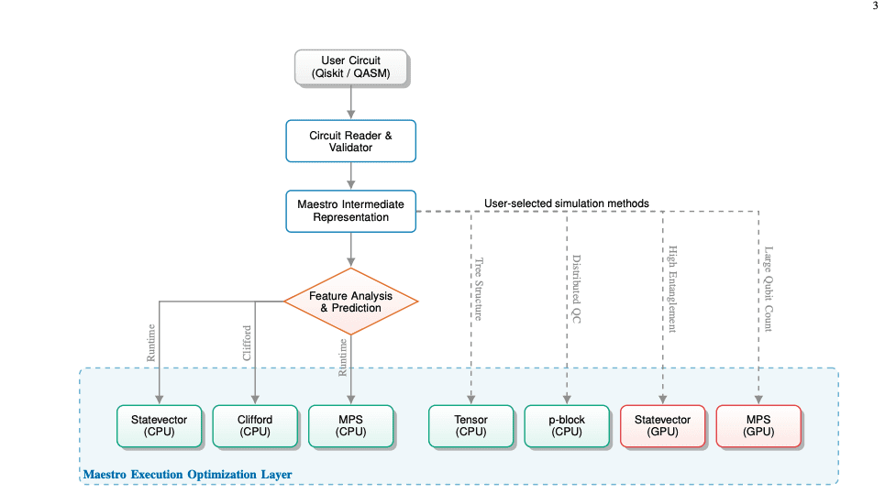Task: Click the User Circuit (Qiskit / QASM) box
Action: coord(350,68)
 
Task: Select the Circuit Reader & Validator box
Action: coord(350,141)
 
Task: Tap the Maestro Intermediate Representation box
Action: coord(350,211)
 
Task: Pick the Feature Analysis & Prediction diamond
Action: coord(350,302)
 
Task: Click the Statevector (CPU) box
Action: coord(160,426)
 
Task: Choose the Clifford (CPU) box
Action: coord(255,426)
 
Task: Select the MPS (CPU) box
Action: coord(350,426)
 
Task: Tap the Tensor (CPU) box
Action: coord(471,426)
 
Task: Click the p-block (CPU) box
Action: coord(567,426)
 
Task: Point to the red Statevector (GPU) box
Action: coord(662,426)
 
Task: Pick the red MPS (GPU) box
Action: coord(758,426)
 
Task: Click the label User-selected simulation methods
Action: coord(566,203)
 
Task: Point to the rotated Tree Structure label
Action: coord(478,289)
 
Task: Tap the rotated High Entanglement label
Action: coord(671,290)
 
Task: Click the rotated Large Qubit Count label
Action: coord(767,290)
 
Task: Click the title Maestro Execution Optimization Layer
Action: coord(187,475)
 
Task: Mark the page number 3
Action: coord(875,6)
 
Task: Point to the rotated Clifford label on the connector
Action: coord(247,342)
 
